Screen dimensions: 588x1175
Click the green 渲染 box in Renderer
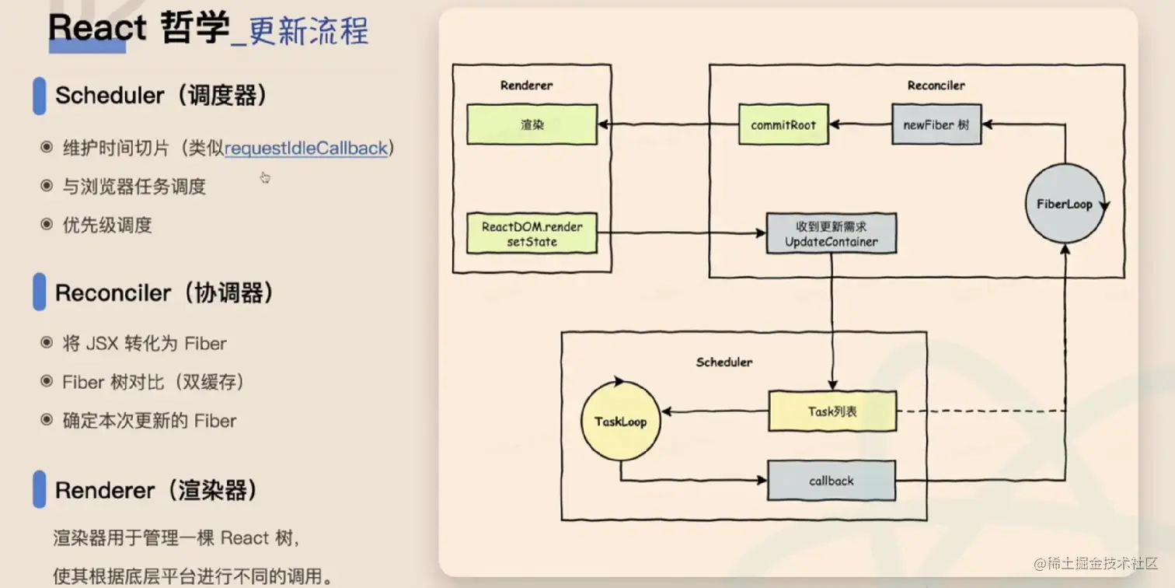pos(532,124)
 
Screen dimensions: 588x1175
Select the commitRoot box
pos(783,124)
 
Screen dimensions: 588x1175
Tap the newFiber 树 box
pos(936,124)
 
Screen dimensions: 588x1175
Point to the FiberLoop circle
pos(1064,205)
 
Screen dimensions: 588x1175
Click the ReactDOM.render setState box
pos(532,234)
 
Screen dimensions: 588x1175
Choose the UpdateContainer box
pos(831,234)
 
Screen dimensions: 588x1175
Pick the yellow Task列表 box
pos(832,411)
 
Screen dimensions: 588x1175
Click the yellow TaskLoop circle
pos(620,422)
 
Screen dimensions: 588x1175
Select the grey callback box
pos(831,481)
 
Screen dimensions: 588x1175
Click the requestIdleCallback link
pos(306,148)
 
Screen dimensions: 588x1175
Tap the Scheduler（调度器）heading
pos(161,96)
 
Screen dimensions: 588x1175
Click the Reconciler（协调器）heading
pos(164,293)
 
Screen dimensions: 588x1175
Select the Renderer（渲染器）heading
pos(155,491)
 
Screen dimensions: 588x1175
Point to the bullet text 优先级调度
pos(107,226)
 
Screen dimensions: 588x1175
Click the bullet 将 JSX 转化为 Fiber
pos(145,343)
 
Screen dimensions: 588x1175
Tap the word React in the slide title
pos(97,29)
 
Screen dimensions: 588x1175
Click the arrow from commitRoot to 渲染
pos(667,124)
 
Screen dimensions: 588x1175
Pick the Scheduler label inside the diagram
pos(724,362)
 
